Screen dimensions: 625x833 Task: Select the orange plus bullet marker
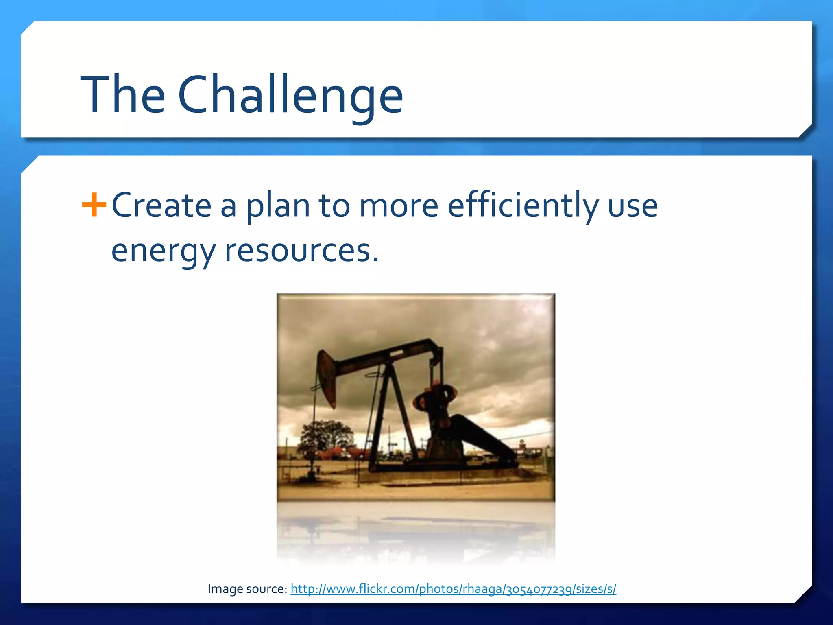(x=94, y=205)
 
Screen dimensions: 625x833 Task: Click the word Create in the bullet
(x=161, y=205)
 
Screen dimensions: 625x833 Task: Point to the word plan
(x=279, y=206)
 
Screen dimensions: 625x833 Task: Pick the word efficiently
(x=523, y=205)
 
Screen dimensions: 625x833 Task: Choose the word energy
(x=163, y=251)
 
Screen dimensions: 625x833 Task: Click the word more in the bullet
(x=399, y=206)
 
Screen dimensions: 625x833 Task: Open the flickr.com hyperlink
(x=453, y=589)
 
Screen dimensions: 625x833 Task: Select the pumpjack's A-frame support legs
(x=390, y=419)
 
